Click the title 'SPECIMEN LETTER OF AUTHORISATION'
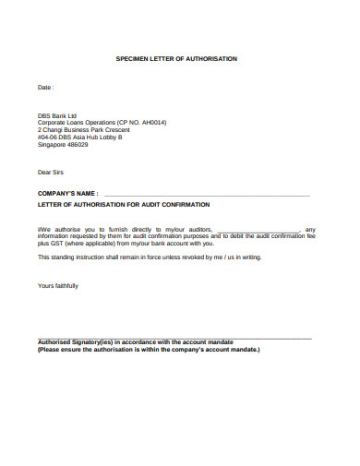(175, 58)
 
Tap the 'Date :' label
(45, 88)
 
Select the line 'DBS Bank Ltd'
(57, 116)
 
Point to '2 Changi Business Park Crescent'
(84, 130)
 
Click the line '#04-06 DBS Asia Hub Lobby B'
(79, 137)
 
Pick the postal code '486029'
(77, 144)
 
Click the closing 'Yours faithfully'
(57, 286)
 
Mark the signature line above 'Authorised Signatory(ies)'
(175, 338)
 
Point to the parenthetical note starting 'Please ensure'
(149, 350)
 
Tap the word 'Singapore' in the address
(52, 144)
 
